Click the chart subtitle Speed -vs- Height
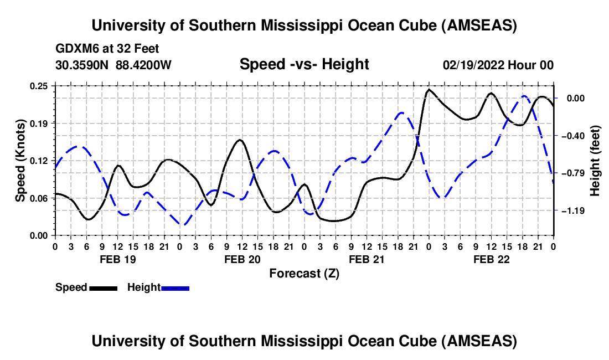click(x=304, y=65)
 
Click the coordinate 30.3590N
click(x=82, y=65)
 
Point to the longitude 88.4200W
click(x=143, y=65)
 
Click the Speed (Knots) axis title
click(x=20, y=161)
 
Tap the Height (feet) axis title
click(x=595, y=161)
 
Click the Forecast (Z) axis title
click(x=304, y=273)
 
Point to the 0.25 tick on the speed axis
click(x=39, y=86)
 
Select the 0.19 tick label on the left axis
click(x=39, y=123)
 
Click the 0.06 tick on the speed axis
click(x=39, y=198)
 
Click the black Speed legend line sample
click(x=103, y=288)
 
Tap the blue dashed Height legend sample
click(x=175, y=288)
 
